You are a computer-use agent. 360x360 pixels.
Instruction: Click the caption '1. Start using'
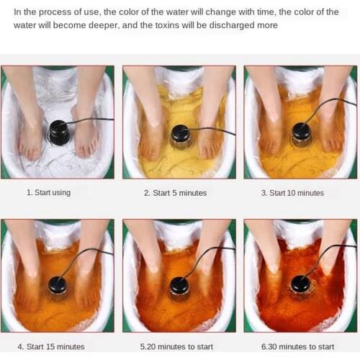pos(48,192)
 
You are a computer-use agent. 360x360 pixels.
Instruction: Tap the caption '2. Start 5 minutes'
pos(175,193)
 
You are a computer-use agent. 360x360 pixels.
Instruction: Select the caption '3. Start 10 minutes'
pos(292,193)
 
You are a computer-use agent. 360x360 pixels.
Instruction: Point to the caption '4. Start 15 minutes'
pos(51,346)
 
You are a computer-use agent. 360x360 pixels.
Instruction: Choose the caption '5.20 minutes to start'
pos(176,346)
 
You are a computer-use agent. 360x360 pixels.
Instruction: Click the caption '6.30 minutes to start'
pos(297,346)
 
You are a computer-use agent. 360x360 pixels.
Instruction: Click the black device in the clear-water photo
pos(58,132)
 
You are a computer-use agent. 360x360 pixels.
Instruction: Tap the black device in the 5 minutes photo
pos(181,136)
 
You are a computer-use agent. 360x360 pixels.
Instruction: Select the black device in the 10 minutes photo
pos(302,134)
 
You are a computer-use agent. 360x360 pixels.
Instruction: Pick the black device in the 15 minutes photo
pos(57,287)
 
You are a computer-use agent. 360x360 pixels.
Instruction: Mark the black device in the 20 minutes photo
pos(179,287)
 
